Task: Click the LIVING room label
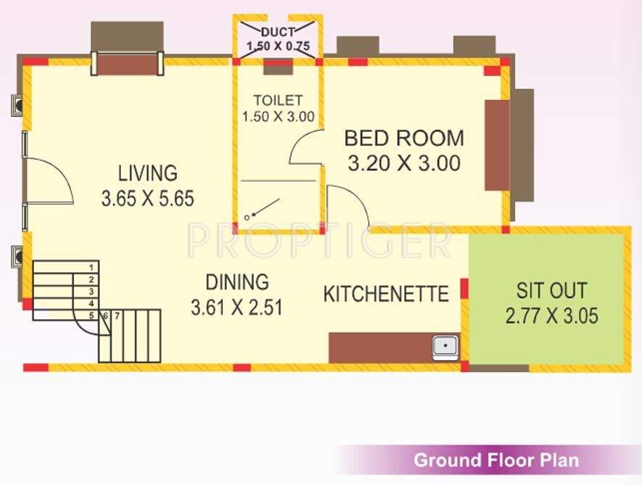click(x=148, y=174)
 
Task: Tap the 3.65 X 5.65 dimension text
click(x=148, y=198)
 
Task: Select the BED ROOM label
click(x=404, y=138)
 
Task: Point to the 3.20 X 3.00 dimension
click(x=404, y=164)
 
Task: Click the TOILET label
click(x=278, y=100)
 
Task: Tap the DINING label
click(x=236, y=282)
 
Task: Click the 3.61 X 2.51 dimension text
click(x=236, y=307)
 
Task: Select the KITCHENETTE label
click(x=386, y=294)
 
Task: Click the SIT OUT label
click(x=551, y=290)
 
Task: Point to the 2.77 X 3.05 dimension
click(x=551, y=316)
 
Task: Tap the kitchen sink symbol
click(x=444, y=347)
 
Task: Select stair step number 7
click(x=116, y=316)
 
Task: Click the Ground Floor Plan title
click(x=496, y=460)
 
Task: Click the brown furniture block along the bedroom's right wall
click(x=496, y=145)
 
